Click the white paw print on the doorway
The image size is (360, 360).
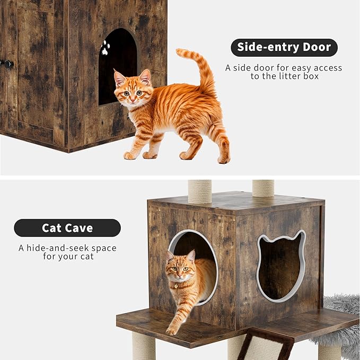[106, 48]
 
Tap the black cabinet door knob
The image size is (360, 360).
[8, 64]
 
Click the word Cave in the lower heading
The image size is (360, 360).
[79, 228]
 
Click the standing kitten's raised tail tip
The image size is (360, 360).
[180, 51]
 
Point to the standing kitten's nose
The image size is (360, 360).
[132, 100]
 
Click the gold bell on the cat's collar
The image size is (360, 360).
[177, 286]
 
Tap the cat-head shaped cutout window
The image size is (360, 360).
[281, 266]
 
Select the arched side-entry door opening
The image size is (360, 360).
[118, 67]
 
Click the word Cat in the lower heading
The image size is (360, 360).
[51, 228]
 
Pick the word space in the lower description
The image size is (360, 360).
[104, 249]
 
